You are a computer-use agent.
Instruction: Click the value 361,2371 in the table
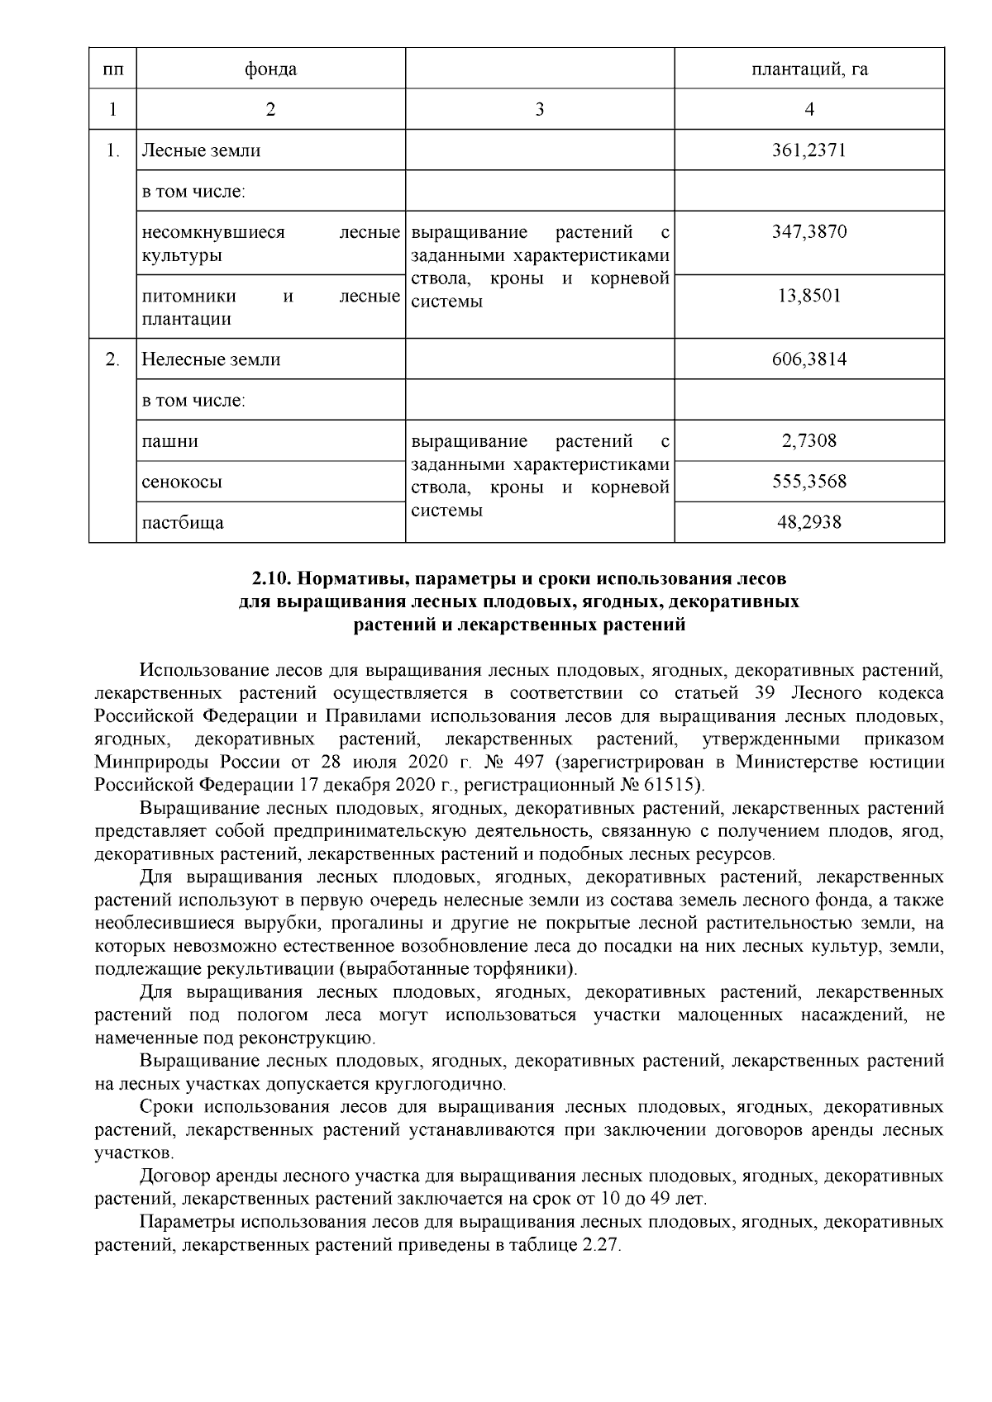click(x=808, y=150)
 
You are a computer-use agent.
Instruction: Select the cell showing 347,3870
click(x=808, y=232)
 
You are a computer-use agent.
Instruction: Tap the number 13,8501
click(x=808, y=296)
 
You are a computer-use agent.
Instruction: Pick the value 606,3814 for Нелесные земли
click(x=808, y=359)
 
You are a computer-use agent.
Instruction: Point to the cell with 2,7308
click(x=808, y=440)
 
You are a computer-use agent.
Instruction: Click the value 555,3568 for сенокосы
click(x=808, y=481)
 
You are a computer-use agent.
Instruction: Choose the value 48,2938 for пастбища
click(x=808, y=522)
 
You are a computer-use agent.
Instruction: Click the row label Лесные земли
click(x=201, y=150)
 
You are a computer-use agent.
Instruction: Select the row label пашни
click(x=170, y=440)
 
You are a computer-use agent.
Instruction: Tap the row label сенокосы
click(x=182, y=481)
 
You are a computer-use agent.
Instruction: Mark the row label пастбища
click(x=183, y=522)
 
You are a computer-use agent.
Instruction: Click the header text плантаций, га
click(x=808, y=69)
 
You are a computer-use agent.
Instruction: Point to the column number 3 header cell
click(x=539, y=109)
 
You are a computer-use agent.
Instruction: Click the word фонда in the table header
click(x=270, y=69)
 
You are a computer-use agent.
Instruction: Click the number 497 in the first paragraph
click(x=528, y=760)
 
